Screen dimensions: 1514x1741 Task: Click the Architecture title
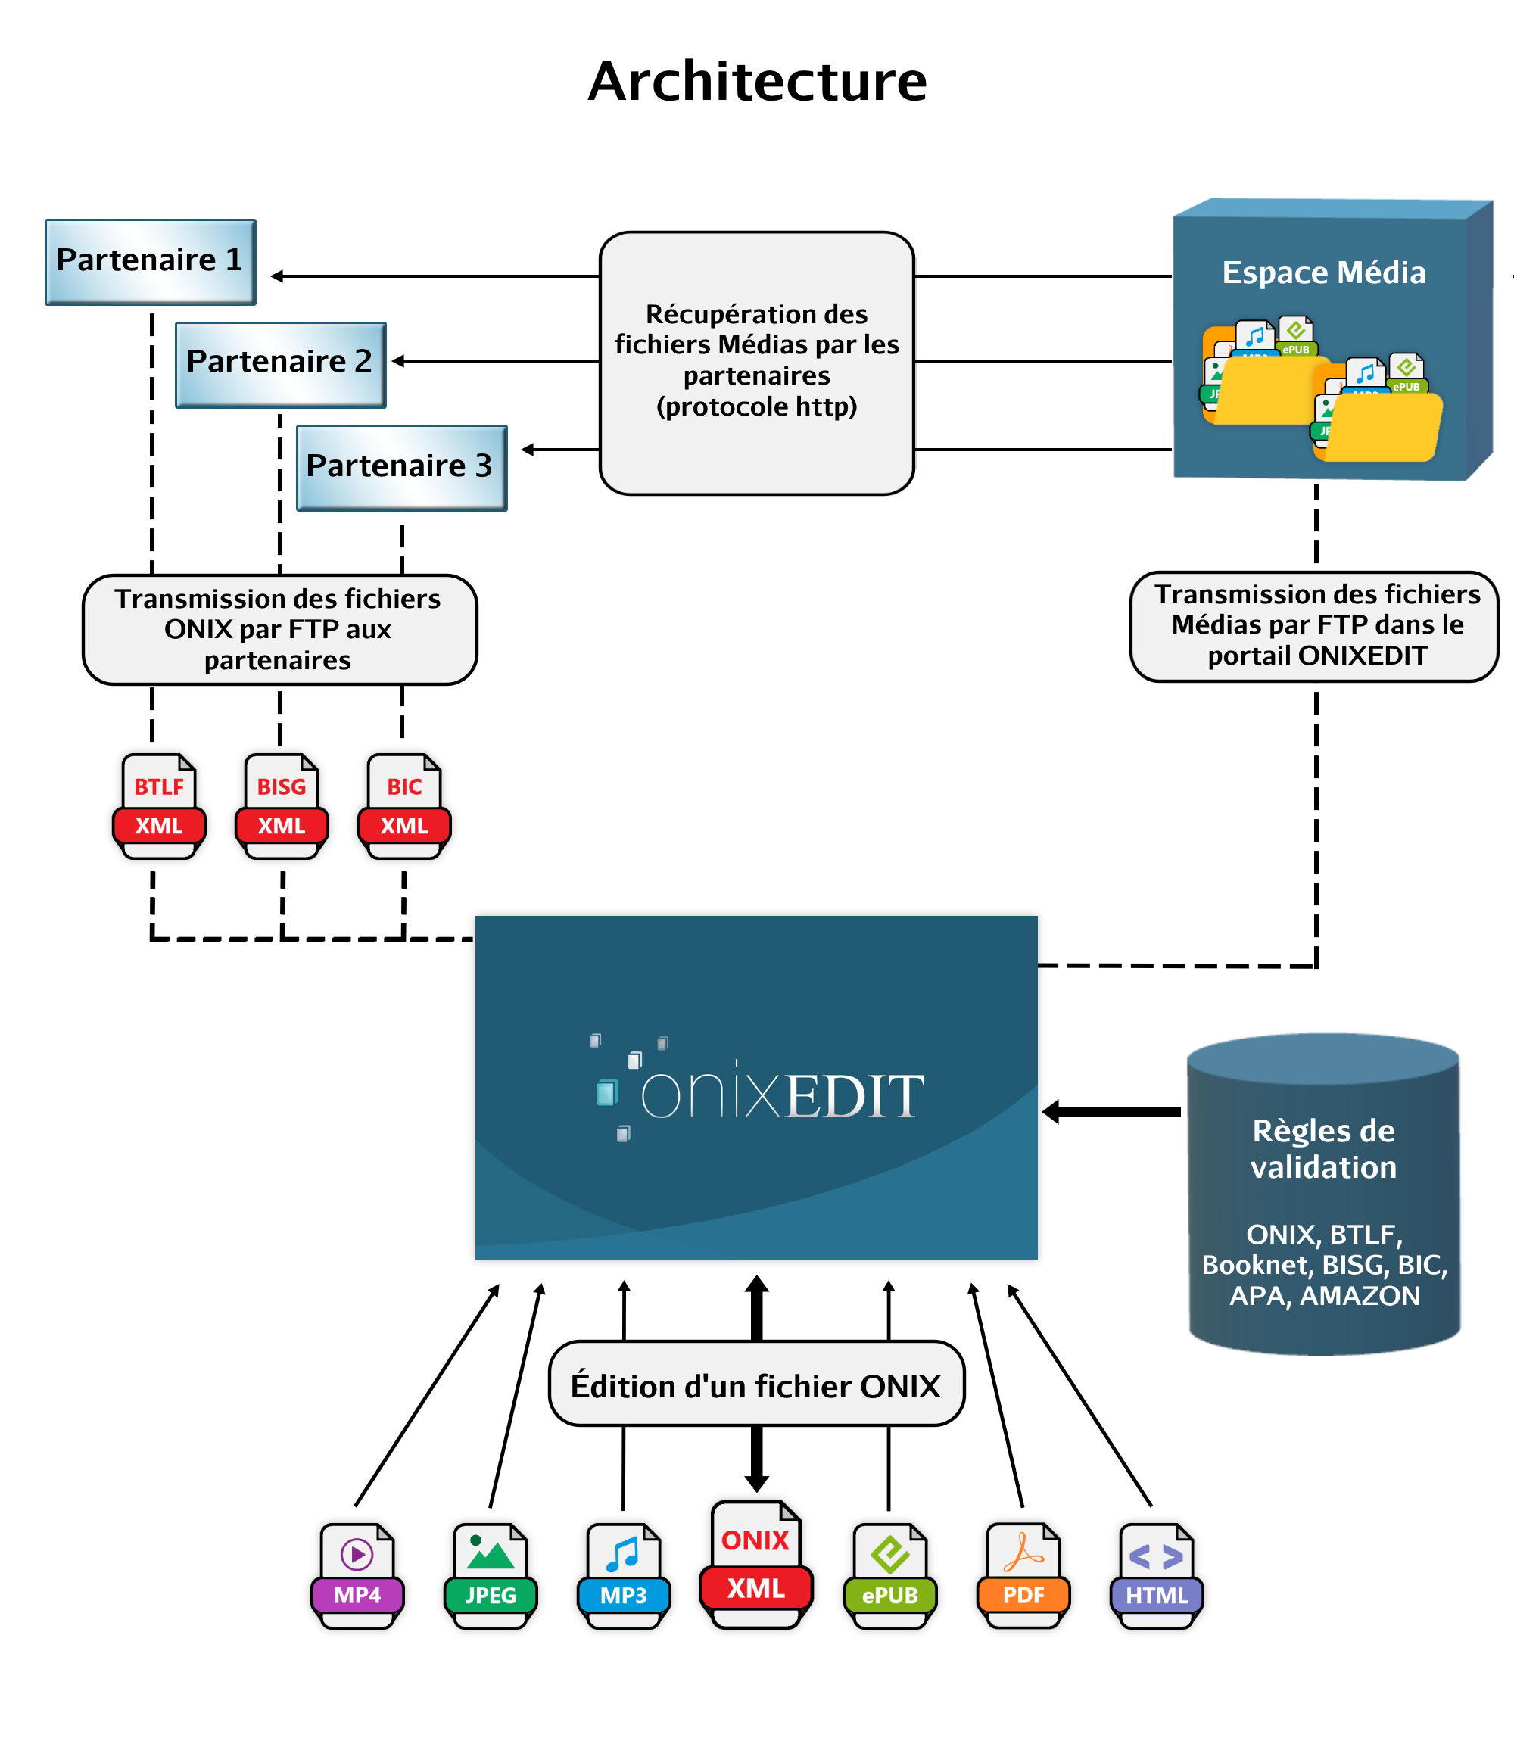tap(757, 82)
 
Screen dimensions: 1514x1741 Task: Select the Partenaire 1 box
tap(151, 262)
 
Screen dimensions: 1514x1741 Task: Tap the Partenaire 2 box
tap(281, 364)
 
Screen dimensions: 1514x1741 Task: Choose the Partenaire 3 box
tap(401, 467)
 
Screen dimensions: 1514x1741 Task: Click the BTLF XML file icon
tap(159, 806)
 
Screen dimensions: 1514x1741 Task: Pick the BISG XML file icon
tap(282, 806)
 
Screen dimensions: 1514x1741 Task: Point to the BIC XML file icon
tap(403, 806)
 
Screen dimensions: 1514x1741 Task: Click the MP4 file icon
tap(357, 1575)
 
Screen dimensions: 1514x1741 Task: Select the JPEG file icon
tap(491, 1575)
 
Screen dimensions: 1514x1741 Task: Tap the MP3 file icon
tap(624, 1575)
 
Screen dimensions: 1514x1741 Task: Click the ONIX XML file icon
tap(756, 1565)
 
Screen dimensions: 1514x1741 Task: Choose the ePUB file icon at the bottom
tap(889, 1575)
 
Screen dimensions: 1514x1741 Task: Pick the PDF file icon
tap(1023, 1575)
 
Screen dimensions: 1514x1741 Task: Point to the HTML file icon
tap(1157, 1575)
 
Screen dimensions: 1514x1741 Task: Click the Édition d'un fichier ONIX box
tap(756, 1384)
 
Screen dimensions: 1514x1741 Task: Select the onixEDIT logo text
tap(781, 1095)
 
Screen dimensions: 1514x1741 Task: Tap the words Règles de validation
tap(1323, 1148)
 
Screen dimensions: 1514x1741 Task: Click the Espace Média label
tap(1323, 272)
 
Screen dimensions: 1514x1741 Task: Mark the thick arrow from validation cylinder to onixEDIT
tap(1111, 1112)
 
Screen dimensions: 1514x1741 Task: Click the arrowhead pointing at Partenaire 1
tap(276, 276)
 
